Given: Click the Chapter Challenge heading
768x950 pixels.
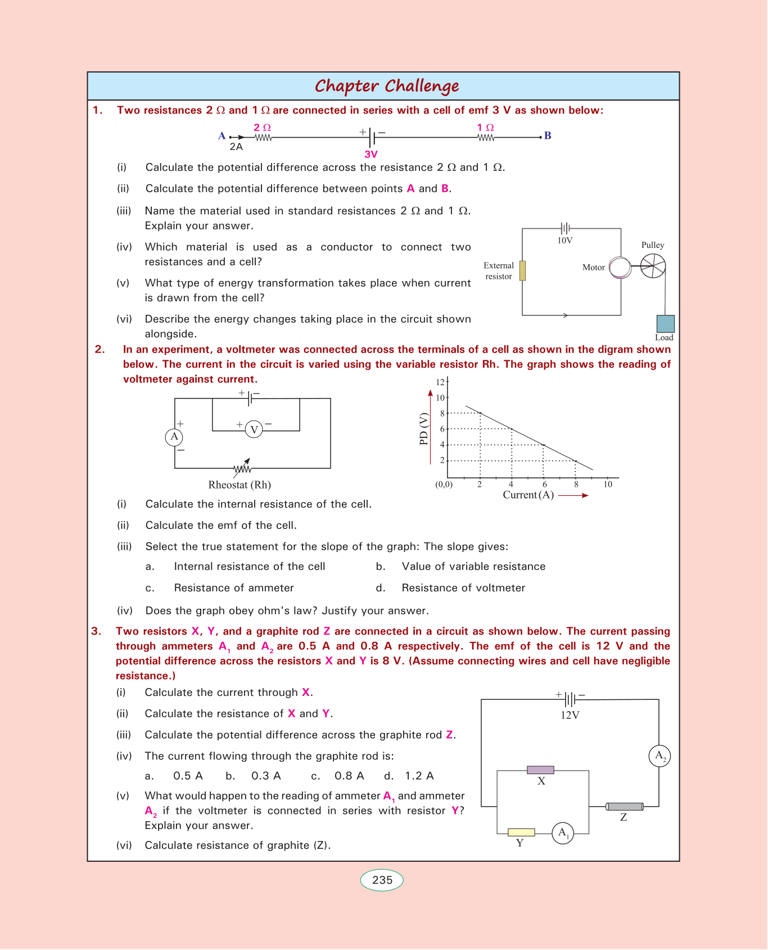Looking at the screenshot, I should click(387, 86).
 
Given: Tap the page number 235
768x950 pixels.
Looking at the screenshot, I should click(382, 880).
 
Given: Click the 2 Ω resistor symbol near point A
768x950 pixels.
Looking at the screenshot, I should click(263, 137).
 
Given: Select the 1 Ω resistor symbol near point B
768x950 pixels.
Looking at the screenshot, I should click(486, 137).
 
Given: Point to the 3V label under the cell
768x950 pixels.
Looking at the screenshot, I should click(371, 154).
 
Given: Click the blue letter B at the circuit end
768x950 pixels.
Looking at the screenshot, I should click(548, 135).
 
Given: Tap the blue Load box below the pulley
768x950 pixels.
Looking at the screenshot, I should click(665, 324).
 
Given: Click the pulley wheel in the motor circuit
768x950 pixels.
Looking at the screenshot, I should click(653, 266).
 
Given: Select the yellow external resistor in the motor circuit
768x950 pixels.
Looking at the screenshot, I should click(522, 270).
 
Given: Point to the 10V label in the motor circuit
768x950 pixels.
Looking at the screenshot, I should click(565, 241).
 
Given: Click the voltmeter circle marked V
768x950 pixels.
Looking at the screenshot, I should click(254, 430).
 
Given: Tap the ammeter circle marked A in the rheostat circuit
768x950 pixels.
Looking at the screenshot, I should click(174, 437).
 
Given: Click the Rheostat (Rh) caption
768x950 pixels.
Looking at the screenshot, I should click(240, 485).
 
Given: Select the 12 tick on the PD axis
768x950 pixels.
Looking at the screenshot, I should click(440, 382).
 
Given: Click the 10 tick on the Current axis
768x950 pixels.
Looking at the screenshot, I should click(608, 484).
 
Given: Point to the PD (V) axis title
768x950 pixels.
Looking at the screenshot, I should click(424, 429).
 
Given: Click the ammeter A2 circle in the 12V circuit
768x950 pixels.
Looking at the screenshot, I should click(659, 756).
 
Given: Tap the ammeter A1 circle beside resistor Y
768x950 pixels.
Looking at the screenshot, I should click(563, 833).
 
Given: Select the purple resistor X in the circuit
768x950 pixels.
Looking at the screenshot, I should click(540, 770).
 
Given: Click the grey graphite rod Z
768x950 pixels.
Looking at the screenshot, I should click(625, 807).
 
